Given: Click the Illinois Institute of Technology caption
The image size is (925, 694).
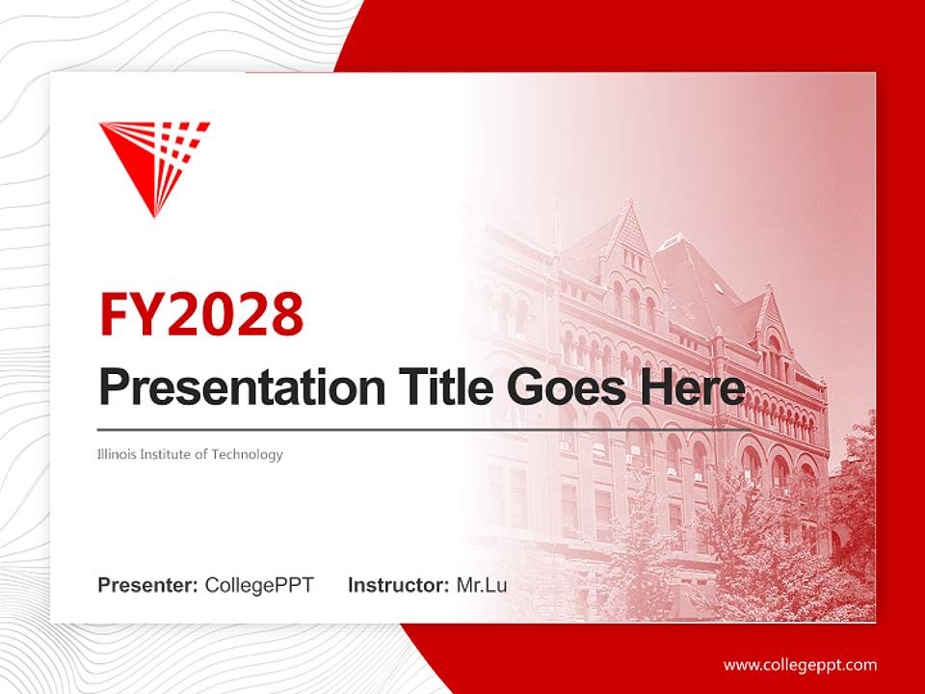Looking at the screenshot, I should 190,454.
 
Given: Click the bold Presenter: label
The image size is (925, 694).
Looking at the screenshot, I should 148,585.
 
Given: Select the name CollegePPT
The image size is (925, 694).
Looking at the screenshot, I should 259,585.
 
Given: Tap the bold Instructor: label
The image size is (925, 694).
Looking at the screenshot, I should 398,585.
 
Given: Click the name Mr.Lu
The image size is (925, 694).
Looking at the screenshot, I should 482,585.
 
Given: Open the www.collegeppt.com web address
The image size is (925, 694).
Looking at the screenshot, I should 800,665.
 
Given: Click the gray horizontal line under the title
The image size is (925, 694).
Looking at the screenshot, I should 385,429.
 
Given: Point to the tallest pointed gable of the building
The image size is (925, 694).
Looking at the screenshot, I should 632,227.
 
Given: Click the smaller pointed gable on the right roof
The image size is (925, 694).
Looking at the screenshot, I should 771,307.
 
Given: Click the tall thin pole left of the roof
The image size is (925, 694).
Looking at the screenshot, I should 556,231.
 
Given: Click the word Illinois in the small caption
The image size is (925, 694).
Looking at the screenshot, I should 117,454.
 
